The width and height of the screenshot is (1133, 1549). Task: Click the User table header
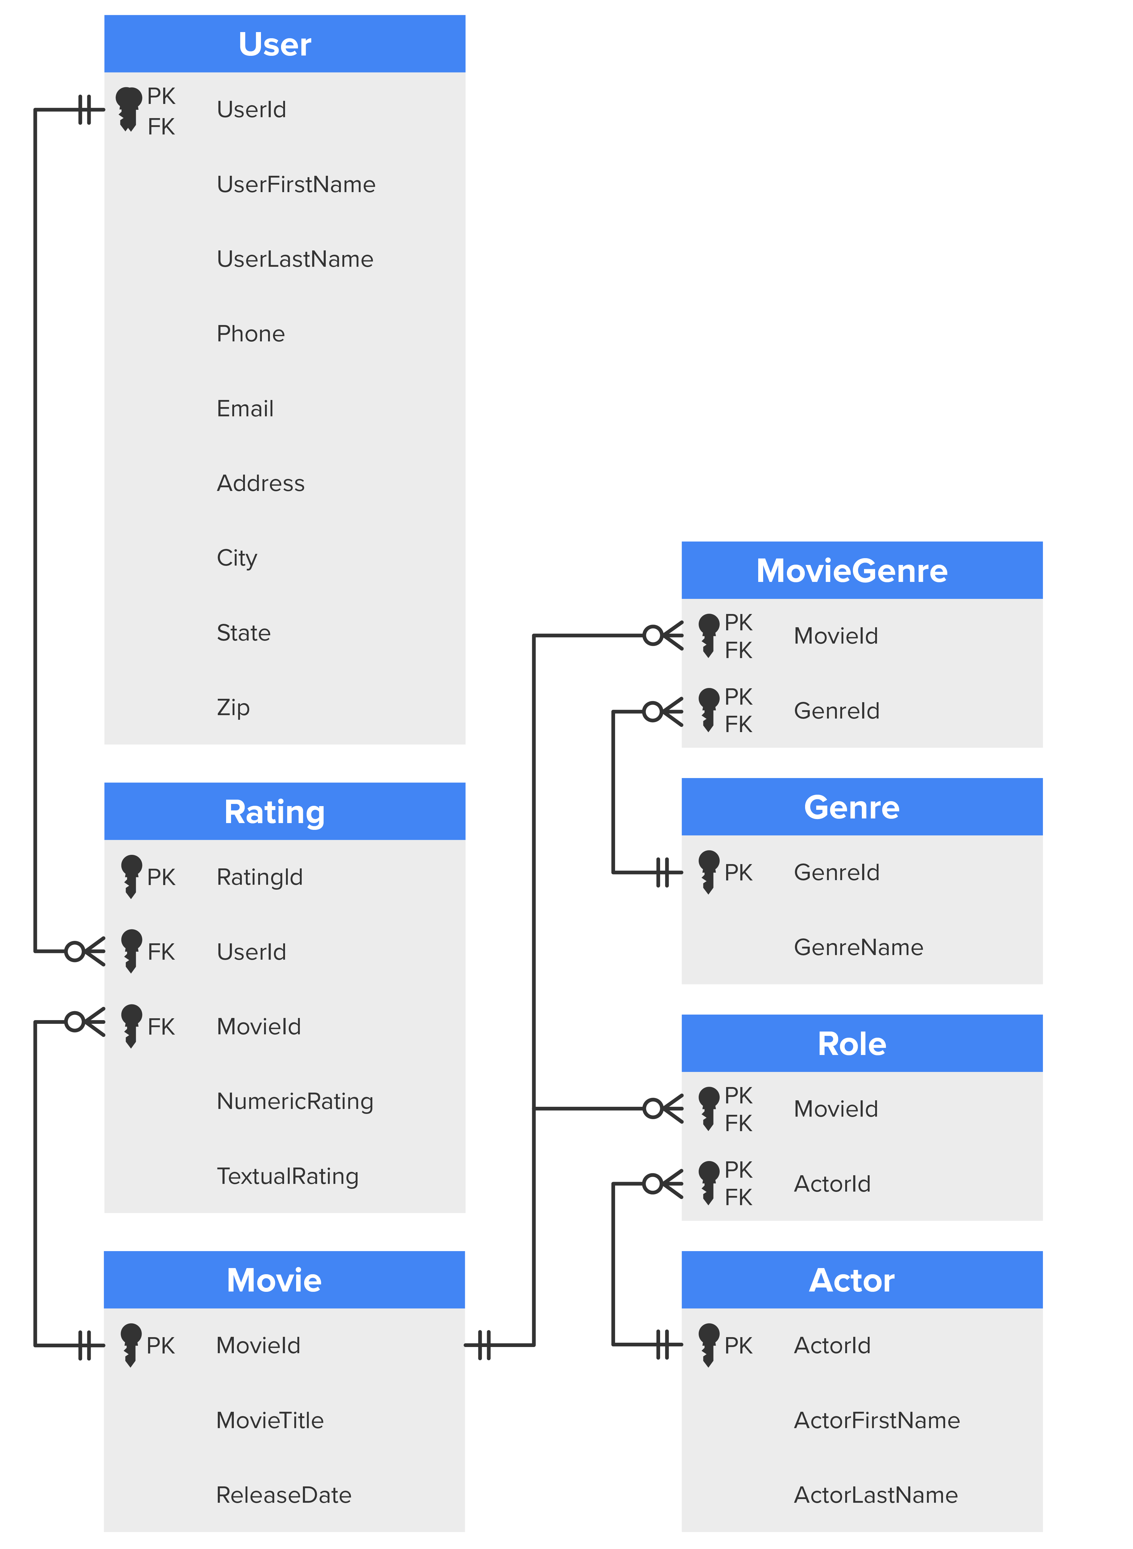point(275,44)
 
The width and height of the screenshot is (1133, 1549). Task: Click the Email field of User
point(245,409)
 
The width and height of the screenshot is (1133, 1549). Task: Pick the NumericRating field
point(295,1101)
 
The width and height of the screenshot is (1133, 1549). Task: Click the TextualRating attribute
point(287,1176)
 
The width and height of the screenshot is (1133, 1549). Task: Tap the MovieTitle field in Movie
point(270,1420)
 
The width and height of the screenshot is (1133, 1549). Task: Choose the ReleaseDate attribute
point(283,1495)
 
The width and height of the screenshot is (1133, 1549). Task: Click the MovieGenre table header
point(852,571)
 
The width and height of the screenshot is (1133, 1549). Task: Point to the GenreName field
point(858,947)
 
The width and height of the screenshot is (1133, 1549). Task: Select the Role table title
point(852,1044)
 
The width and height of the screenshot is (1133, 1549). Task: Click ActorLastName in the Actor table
point(875,1495)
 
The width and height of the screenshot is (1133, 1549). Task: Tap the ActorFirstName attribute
point(876,1420)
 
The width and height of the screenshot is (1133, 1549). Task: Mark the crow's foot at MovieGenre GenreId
point(663,711)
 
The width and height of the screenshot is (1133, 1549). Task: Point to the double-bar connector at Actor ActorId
point(663,1345)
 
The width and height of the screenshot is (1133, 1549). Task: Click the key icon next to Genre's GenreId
point(709,871)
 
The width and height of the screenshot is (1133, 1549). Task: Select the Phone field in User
point(250,334)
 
